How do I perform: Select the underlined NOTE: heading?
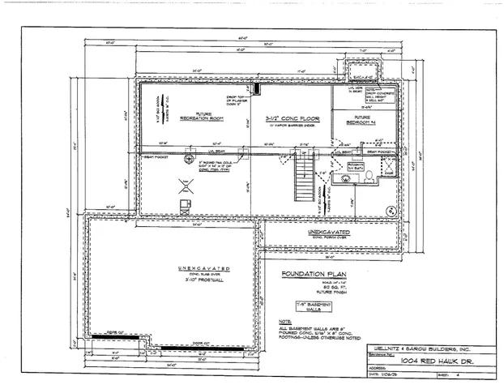pos(283,322)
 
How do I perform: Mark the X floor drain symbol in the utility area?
pos(185,186)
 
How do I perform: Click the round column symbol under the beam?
pos(190,158)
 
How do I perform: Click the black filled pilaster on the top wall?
pos(258,88)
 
